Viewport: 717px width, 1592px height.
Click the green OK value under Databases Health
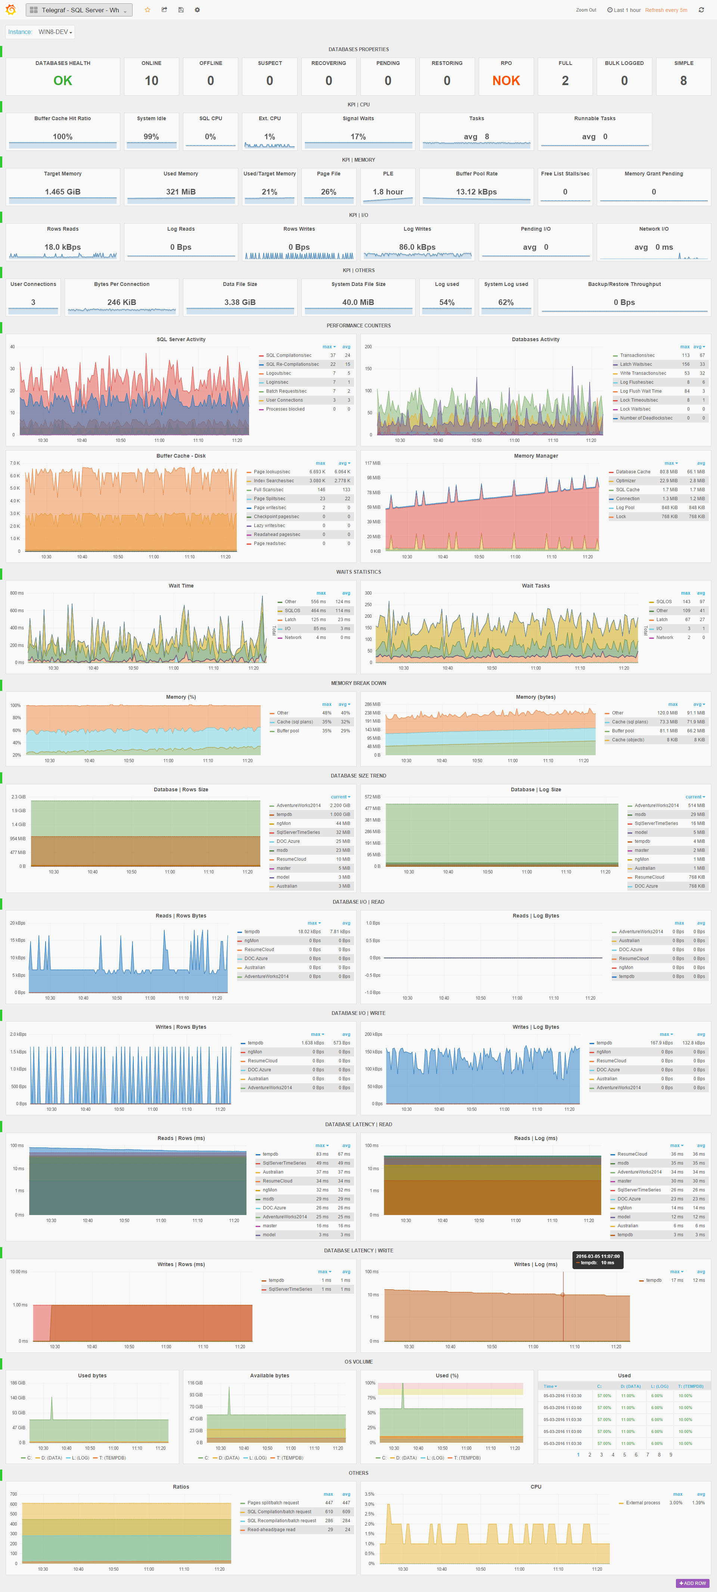(62, 81)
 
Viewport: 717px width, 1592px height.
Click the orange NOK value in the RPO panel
(506, 81)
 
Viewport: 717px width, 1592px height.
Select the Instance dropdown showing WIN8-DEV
(55, 32)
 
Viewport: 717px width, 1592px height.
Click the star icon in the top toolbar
(147, 10)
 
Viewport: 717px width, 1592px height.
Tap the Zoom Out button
(585, 10)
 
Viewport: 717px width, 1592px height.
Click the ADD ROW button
(692, 1583)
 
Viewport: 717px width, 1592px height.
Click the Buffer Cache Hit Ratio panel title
(62, 119)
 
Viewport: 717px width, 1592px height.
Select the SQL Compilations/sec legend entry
(289, 355)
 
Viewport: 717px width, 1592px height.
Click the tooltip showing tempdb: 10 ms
(597, 1259)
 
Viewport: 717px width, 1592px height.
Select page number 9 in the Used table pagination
(671, 1455)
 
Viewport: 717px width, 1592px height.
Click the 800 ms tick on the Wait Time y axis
(17, 593)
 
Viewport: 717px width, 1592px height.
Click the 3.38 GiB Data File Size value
(240, 303)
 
